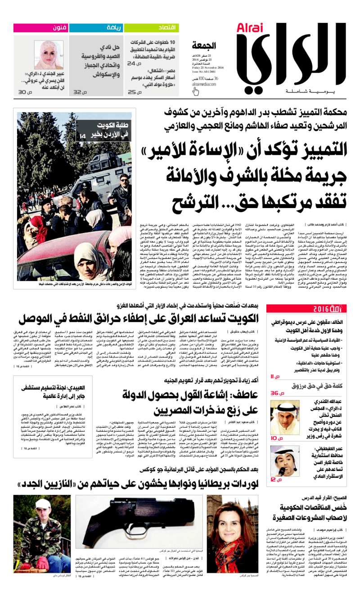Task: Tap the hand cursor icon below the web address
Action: click(195, 91)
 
